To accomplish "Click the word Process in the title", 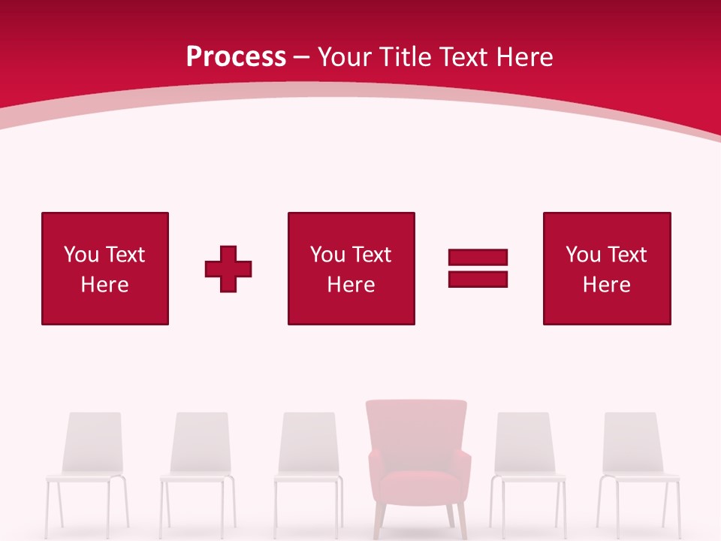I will coord(236,57).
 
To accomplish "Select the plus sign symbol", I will coord(228,269).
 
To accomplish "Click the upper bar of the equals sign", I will coord(478,257).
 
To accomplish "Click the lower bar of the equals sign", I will coord(478,279).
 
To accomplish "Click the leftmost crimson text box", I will coord(105,268).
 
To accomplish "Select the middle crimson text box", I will coord(351,268).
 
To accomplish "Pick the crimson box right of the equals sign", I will coord(607,268).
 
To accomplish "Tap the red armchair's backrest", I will coord(417,432).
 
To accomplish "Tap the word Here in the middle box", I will coord(351,285).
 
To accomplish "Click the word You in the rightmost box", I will coord(583,255).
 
